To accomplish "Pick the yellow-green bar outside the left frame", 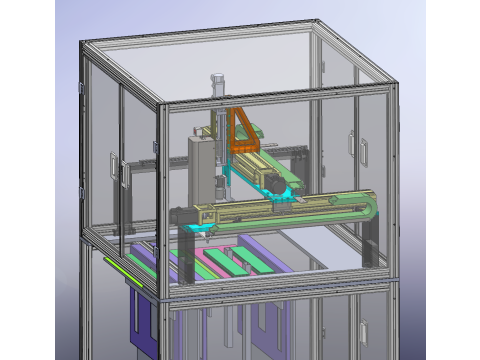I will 122,269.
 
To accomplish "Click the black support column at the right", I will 372,245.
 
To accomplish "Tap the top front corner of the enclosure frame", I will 162,102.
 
